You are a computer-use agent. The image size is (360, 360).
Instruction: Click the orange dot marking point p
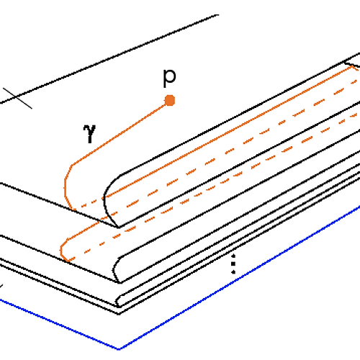click(x=170, y=100)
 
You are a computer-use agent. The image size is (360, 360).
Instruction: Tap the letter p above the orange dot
click(x=169, y=78)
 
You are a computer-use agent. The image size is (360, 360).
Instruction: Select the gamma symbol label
click(x=89, y=133)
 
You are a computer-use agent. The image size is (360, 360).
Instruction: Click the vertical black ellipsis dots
click(x=233, y=264)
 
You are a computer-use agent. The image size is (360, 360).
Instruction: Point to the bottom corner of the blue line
click(x=119, y=349)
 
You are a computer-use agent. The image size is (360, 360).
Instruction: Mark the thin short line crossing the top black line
click(x=17, y=99)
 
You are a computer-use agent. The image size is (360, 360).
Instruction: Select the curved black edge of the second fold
click(x=114, y=269)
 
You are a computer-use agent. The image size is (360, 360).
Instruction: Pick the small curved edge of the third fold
click(x=117, y=301)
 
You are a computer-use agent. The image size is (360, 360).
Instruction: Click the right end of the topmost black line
click(x=218, y=15)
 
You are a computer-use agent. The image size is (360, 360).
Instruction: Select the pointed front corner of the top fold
click(x=119, y=227)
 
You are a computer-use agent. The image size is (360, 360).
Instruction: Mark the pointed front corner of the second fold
click(x=120, y=283)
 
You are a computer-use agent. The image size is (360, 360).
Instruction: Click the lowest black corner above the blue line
click(x=119, y=314)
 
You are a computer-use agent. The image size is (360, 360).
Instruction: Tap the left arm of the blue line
click(x=59, y=325)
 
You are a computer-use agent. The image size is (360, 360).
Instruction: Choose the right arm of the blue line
click(x=240, y=277)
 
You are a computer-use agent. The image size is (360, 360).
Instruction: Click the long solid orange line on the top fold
click(x=229, y=132)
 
